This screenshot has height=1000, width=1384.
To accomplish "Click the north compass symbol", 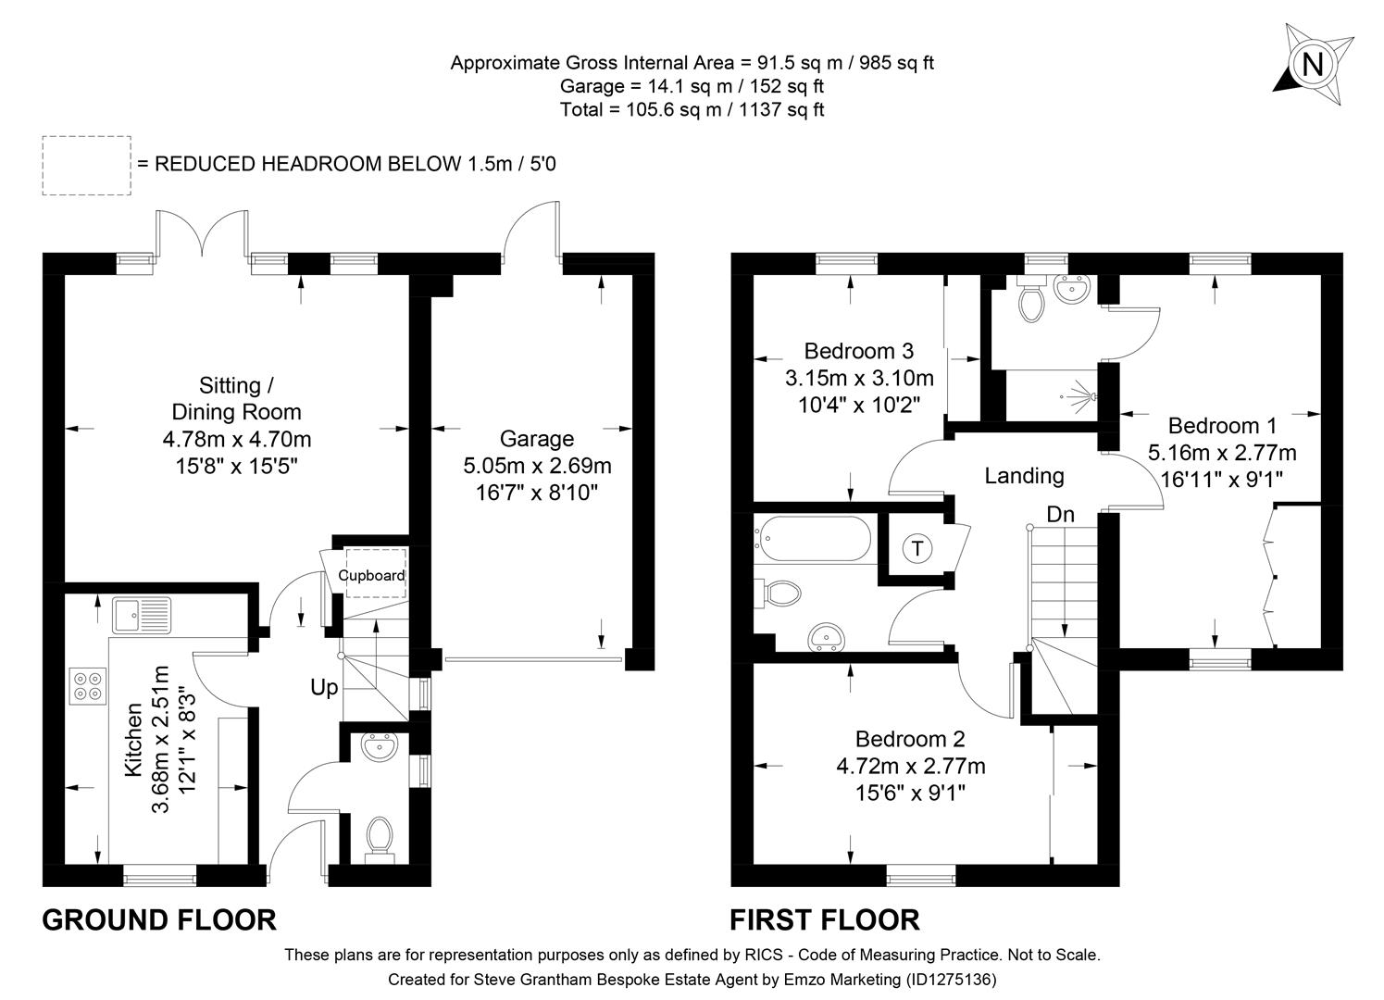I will pos(1311,64).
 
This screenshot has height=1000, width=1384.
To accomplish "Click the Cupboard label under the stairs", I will pos(371,575).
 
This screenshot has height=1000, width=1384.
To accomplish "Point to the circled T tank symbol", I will pos(916,548).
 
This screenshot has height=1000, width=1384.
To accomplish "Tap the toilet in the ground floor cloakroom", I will pos(379,836).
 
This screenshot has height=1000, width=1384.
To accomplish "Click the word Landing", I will pos(1024,476).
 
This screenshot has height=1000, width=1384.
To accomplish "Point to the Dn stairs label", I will pos(1060,514).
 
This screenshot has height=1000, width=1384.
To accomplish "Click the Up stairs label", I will pos(324,688).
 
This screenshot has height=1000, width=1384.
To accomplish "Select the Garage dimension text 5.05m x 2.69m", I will pos(537,466).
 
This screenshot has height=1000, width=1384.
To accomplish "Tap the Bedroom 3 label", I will pos(858,351).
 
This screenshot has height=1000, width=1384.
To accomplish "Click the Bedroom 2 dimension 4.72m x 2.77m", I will pos(910,766).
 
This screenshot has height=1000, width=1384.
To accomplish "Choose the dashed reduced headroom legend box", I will pos(86,165).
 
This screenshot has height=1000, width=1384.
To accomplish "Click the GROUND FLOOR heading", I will pos(159,919).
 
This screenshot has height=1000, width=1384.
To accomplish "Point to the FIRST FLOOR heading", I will pos(825,919).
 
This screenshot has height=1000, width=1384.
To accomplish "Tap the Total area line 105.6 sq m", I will pos(692,109).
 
